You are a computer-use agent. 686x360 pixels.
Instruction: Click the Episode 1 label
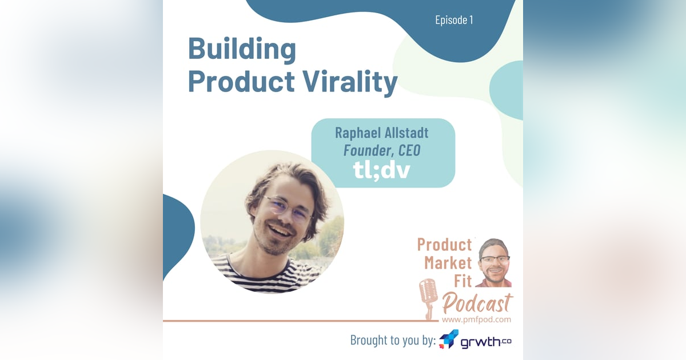coord(454,21)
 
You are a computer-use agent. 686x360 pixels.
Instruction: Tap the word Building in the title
coord(242,50)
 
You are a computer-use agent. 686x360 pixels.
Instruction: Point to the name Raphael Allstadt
coord(382,134)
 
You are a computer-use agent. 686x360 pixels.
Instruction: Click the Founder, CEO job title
coord(382,151)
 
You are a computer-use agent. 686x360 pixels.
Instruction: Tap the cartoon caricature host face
coord(493,262)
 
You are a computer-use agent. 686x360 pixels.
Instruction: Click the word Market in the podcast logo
coord(448,263)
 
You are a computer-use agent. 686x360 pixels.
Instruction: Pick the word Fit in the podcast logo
coord(462,282)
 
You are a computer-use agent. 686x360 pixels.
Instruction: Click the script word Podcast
coord(477,302)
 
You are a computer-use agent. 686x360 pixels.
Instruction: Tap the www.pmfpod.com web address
coord(476,319)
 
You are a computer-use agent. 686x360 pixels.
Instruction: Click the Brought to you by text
coord(393,341)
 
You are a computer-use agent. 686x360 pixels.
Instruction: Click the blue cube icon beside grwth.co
coord(449,339)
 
